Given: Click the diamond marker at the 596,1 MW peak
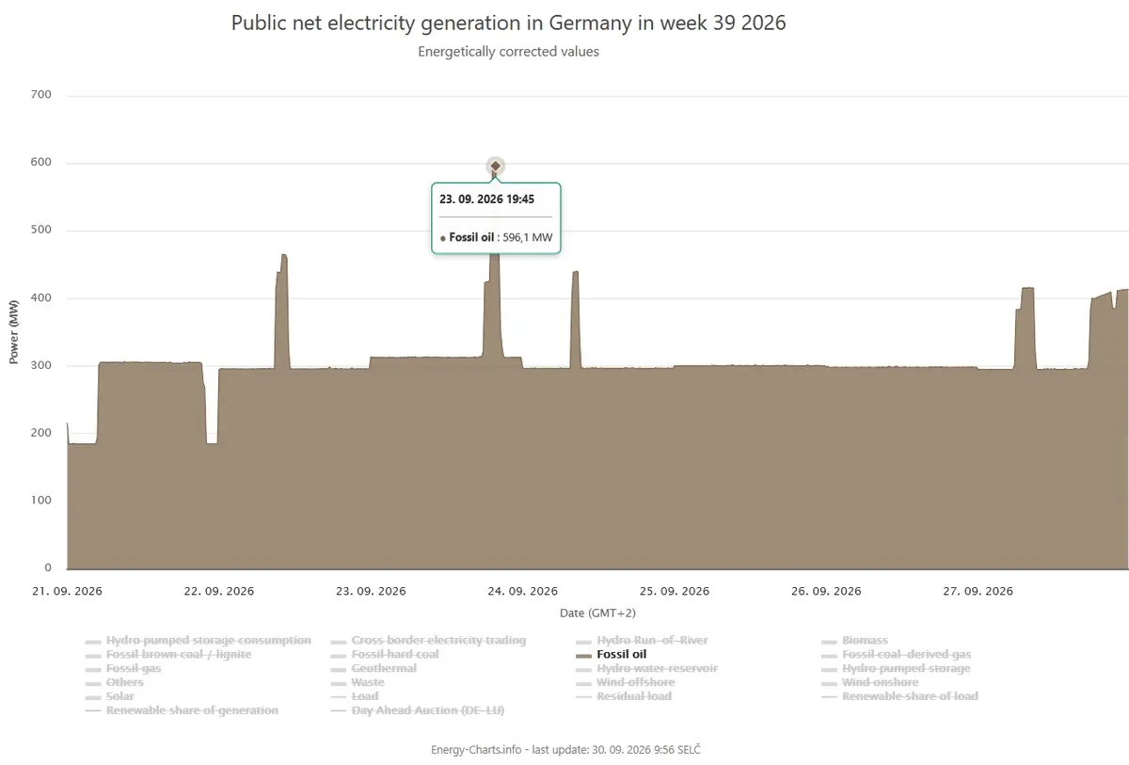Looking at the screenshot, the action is click(x=496, y=166).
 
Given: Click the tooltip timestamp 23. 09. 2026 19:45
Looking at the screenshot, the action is click(x=486, y=199).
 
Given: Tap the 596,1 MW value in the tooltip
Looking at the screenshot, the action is click(x=527, y=237).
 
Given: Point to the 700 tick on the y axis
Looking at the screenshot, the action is click(x=40, y=94).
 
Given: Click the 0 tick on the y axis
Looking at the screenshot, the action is click(x=48, y=567).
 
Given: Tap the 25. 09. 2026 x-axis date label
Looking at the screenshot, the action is click(x=675, y=591).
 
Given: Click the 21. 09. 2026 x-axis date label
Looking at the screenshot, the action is click(x=67, y=591).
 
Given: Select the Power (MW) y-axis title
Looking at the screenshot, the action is click(x=13, y=331).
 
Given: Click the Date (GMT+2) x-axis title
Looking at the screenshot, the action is click(x=597, y=614).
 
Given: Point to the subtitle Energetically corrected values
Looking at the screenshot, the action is click(x=508, y=52).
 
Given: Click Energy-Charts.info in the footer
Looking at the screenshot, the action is click(x=476, y=750).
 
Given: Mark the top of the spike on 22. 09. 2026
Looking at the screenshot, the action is click(x=284, y=254).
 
